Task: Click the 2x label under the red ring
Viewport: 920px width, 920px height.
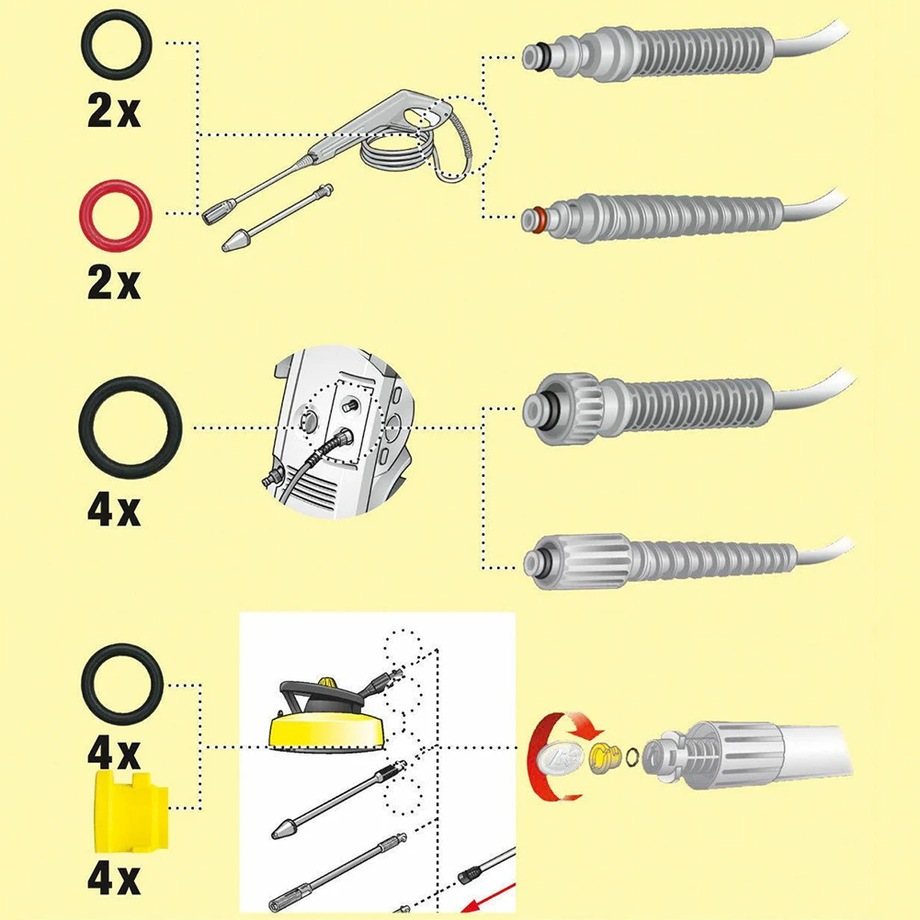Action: [114, 283]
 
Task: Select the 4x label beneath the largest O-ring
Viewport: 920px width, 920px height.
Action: [114, 510]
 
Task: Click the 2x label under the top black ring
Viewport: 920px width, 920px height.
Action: [114, 110]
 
